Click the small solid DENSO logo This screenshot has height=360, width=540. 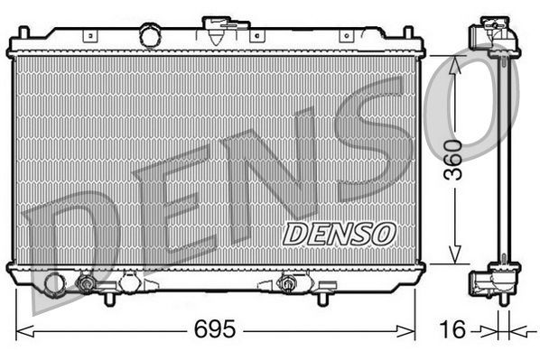coord(339,233)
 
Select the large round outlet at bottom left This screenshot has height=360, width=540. coord(54,284)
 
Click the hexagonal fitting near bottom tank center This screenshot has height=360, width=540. coord(288,283)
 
